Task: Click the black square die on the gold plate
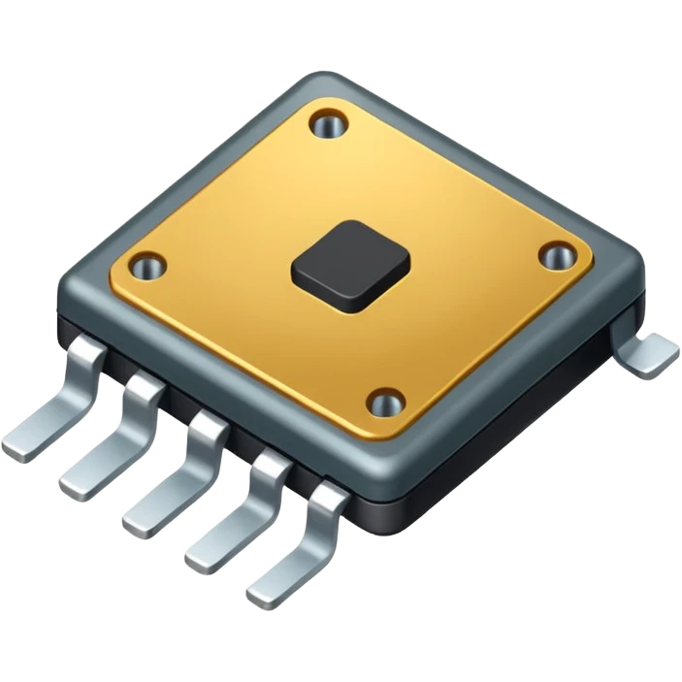350,265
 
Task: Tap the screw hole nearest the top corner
328,123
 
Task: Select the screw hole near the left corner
147,264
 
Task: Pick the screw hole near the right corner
556,257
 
